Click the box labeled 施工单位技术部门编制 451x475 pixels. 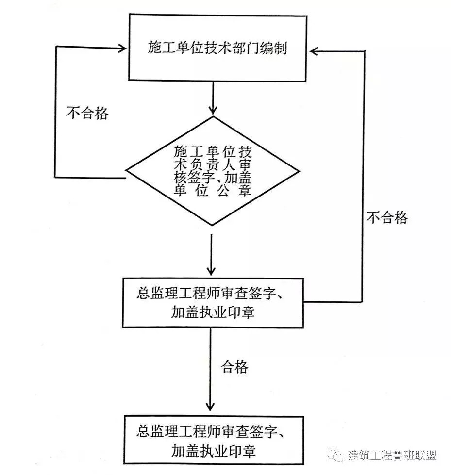click(217, 47)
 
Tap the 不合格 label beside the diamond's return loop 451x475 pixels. click(87, 113)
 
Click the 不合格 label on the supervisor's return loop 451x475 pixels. click(387, 217)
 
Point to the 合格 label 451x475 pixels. click(235, 367)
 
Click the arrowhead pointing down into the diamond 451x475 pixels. click(212, 109)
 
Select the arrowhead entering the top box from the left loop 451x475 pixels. click(122, 48)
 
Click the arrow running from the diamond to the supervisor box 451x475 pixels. click(211, 255)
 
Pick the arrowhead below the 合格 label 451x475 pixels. click(210, 406)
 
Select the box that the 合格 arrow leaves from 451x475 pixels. click(213, 303)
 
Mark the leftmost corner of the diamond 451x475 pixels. click(127, 171)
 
